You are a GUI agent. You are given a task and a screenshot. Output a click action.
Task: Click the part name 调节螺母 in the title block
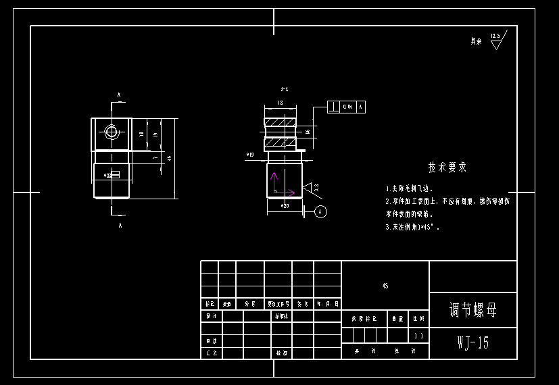[472, 311]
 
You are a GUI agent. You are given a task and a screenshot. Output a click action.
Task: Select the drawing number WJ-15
[472, 343]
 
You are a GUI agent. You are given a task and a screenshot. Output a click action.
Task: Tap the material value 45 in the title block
[385, 286]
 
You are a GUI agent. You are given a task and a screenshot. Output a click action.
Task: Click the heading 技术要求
[447, 167]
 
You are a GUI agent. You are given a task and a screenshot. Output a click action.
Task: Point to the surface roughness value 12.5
[495, 36]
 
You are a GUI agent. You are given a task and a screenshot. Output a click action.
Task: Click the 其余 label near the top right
[477, 41]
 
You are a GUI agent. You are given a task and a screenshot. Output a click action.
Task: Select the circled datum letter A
[321, 211]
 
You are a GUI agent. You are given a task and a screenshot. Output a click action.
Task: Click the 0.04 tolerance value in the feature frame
[347, 107]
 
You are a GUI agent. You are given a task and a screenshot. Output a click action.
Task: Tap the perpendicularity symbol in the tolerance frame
[334, 107]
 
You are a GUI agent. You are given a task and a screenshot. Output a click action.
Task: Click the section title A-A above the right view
[285, 89]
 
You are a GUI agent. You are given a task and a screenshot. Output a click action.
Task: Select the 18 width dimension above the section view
[280, 103]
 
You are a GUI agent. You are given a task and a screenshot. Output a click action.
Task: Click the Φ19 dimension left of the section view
[250, 155]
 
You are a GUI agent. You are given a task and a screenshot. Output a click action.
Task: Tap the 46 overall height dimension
[169, 157]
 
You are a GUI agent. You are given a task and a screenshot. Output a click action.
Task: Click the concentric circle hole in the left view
[112, 132]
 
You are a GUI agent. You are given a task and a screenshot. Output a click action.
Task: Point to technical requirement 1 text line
[410, 189]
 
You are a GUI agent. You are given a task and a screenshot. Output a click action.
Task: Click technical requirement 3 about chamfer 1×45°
[412, 228]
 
